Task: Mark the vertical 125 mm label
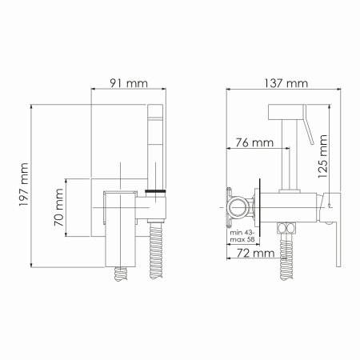322,160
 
